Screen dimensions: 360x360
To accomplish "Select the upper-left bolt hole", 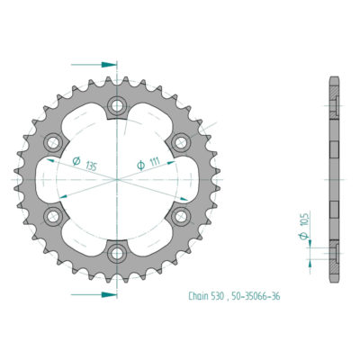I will pos(53,143).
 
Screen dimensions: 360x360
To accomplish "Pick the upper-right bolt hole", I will pos(181,143).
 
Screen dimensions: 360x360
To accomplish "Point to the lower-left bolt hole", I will pos(53,216).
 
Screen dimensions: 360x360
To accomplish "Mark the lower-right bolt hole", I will pos(181,216).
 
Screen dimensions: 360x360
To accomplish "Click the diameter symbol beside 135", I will pos(76,163).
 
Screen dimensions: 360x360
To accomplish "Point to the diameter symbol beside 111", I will pos(142,165).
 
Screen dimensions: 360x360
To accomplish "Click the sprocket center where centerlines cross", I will pos(117,180).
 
